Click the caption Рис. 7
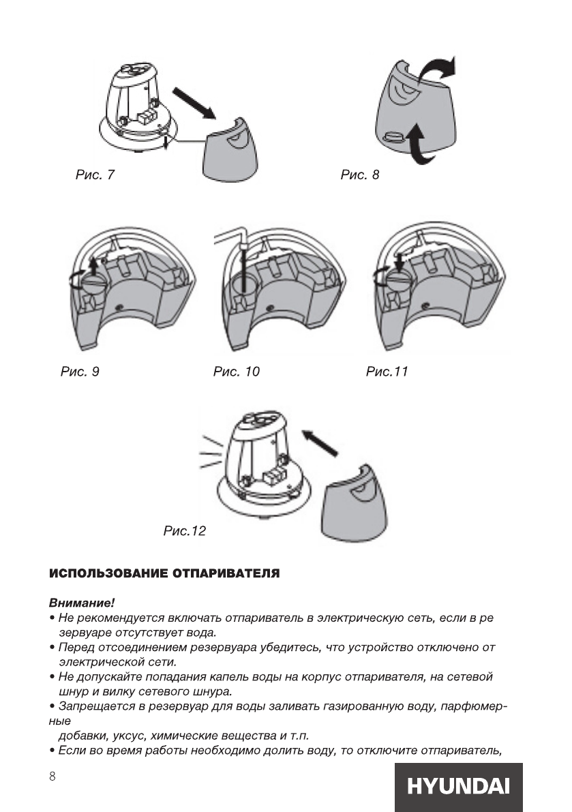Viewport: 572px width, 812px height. pyautogui.click(x=94, y=175)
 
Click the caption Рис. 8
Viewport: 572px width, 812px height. pyautogui.click(x=359, y=175)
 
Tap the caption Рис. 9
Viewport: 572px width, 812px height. pyautogui.click(x=80, y=372)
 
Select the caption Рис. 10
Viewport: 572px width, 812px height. pyautogui.click(x=236, y=372)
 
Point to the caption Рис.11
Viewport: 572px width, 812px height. pyautogui.click(x=387, y=372)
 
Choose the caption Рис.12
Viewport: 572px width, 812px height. pyautogui.click(x=184, y=530)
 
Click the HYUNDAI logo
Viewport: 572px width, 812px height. pyautogui.click(x=458, y=787)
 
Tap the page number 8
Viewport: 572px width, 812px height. pyautogui.click(x=52, y=777)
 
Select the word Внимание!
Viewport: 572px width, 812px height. pyautogui.click(x=81, y=603)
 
